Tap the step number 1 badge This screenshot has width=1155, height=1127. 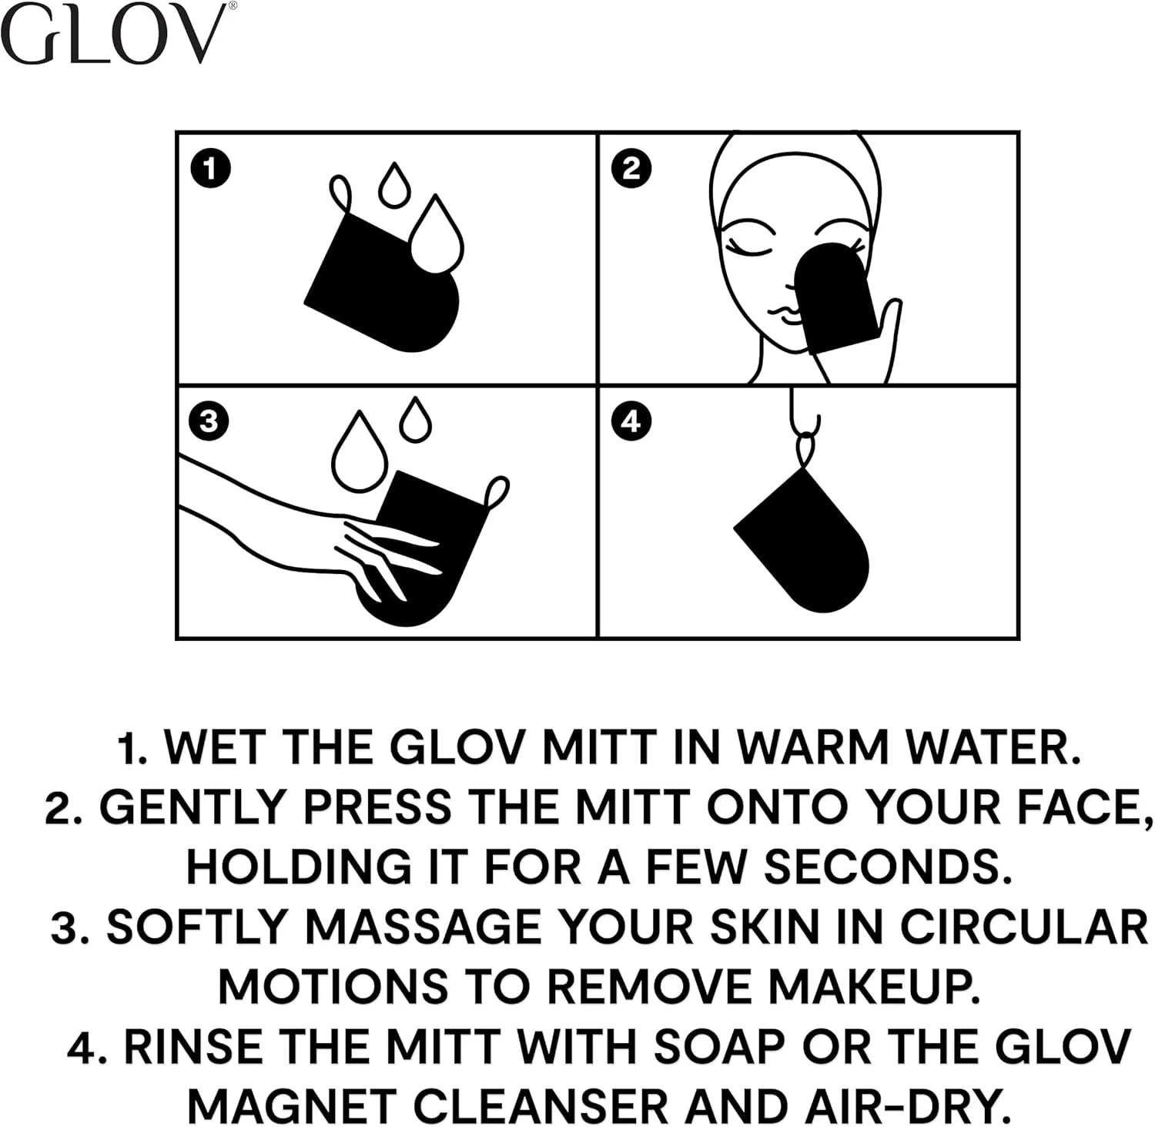pyautogui.click(x=209, y=169)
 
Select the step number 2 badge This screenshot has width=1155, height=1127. pyautogui.click(x=631, y=169)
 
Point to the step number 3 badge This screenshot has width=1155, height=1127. pyautogui.click(x=209, y=421)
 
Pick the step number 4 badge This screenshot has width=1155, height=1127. pyautogui.click(x=631, y=421)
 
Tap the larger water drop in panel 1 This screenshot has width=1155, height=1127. pyautogui.click(x=436, y=234)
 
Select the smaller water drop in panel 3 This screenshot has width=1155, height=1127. pyautogui.click(x=416, y=420)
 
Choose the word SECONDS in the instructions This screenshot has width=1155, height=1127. pyautogui.click(x=887, y=867)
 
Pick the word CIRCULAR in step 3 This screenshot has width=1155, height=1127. pyautogui.click(x=1023, y=927)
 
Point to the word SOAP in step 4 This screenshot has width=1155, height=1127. pyautogui.click(x=719, y=1047)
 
